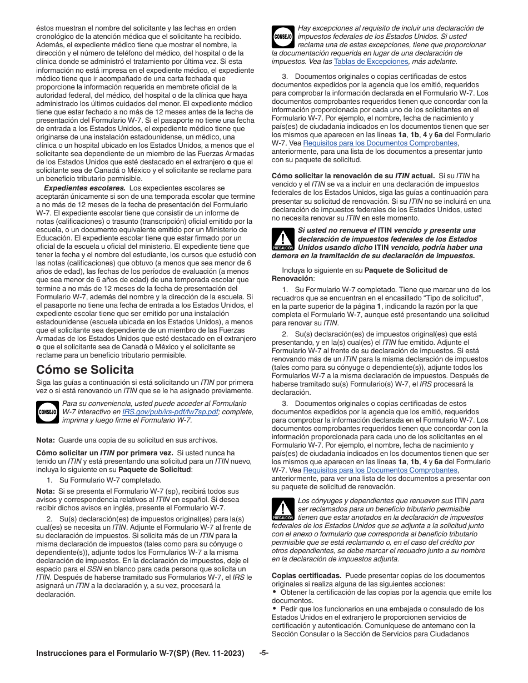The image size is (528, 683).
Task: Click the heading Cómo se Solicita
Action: click(x=85, y=369)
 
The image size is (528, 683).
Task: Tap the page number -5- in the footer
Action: click(x=264, y=653)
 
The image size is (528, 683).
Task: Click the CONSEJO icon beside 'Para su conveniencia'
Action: click(x=47, y=411)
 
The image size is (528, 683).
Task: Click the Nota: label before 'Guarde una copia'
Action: click(x=46, y=440)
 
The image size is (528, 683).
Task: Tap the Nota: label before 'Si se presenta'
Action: click(x=46, y=491)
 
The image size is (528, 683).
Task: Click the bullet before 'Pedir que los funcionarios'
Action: click(x=275, y=608)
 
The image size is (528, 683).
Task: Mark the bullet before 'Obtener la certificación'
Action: click(x=275, y=592)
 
